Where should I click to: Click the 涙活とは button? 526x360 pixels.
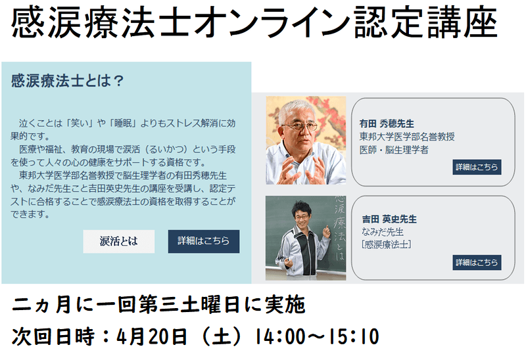point(119,241)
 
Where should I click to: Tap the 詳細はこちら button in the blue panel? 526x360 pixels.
point(204,241)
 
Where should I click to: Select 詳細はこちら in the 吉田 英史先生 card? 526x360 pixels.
point(477,263)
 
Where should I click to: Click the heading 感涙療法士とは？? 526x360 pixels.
point(68,81)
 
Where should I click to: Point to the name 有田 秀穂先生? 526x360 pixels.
point(387,124)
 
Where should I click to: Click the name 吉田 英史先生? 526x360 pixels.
point(389,219)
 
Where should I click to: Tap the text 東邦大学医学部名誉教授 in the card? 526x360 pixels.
point(407,137)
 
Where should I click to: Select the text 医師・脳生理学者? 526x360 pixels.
point(394,150)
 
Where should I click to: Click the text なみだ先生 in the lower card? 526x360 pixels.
point(383,232)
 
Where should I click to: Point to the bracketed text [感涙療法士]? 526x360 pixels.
point(387,244)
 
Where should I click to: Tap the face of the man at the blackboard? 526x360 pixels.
point(301,215)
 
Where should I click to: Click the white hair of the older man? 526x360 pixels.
point(297,110)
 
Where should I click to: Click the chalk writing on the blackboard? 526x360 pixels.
point(339,228)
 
